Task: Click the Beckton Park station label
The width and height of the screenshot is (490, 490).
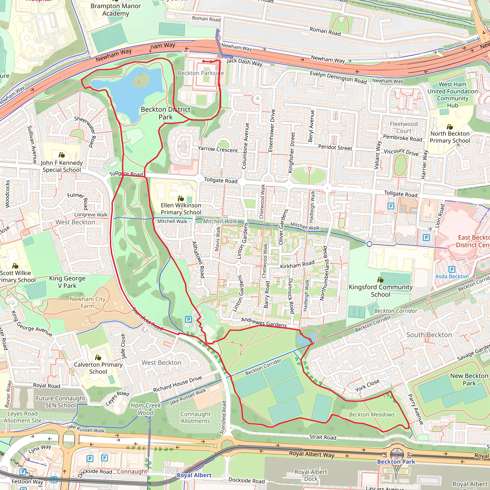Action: (396, 462)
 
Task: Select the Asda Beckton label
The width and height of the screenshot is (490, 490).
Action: (452, 276)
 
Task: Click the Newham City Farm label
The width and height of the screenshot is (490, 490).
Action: (87, 303)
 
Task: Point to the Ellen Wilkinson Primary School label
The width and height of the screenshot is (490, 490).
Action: (181, 209)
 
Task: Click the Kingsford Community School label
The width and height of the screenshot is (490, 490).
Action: (380, 291)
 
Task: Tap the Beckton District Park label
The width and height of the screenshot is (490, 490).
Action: (165, 113)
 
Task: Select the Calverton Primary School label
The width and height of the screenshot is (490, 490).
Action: (98, 368)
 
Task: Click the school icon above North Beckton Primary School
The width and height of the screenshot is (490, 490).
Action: (450, 127)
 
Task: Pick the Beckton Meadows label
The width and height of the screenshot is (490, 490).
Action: (372, 414)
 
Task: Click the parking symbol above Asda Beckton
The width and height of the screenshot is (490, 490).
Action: (452, 269)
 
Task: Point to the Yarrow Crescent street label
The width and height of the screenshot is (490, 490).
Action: (218, 149)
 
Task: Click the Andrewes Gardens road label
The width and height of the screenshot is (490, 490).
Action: (264, 322)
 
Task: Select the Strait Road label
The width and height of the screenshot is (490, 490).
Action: (323, 437)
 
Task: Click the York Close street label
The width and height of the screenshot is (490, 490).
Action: (367, 385)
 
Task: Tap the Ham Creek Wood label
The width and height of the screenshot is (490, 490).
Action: (145, 409)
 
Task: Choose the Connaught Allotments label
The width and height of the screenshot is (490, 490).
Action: (195, 418)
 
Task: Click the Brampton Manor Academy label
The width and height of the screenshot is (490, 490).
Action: (116, 10)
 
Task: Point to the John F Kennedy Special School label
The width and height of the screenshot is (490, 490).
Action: (62, 166)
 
